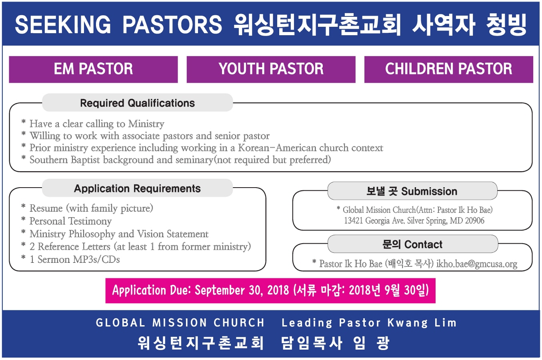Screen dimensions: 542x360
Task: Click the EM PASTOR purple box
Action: (x=93, y=70)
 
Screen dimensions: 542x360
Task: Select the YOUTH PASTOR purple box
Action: (x=271, y=70)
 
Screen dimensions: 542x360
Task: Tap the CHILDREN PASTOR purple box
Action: (x=449, y=70)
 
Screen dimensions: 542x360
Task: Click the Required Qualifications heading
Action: (x=138, y=103)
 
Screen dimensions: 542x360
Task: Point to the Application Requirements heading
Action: (x=138, y=188)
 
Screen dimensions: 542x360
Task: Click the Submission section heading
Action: (x=412, y=191)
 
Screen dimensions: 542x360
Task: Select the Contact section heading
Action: (x=412, y=244)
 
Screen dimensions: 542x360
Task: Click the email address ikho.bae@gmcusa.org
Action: (x=477, y=264)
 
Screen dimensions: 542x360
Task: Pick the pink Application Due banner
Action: (x=270, y=290)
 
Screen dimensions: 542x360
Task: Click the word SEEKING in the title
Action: (x=63, y=24)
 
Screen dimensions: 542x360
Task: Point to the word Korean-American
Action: (x=277, y=148)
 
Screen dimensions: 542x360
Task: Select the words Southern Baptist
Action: (x=65, y=160)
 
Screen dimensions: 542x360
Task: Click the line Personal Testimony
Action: (x=71, y=221)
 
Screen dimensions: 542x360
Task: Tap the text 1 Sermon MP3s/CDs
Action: (x=75, y=259)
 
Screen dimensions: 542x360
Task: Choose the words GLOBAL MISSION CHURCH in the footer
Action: (x=180, y=322)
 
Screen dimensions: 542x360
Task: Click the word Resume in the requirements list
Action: (x=46, y=208)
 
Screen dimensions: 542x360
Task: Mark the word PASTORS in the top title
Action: (x=172, y=24)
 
